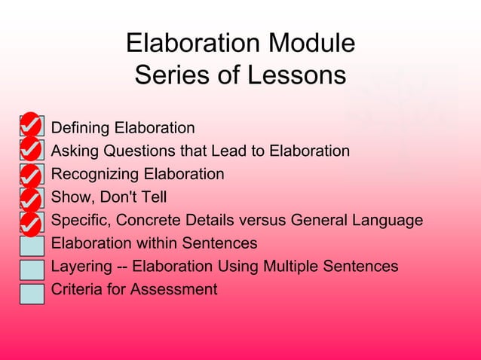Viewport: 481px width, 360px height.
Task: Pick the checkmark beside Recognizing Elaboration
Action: point(30,175)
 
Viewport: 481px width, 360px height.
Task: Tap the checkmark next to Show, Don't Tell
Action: point(30,200)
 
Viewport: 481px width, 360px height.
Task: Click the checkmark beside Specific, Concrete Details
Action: point(30,223)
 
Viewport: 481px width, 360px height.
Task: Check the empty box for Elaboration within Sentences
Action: point(32,245)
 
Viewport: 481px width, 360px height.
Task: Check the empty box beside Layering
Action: point(32,268)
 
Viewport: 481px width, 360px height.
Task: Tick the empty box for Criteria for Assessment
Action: point(32,292)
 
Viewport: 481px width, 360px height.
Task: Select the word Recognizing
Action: point(95,175)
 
